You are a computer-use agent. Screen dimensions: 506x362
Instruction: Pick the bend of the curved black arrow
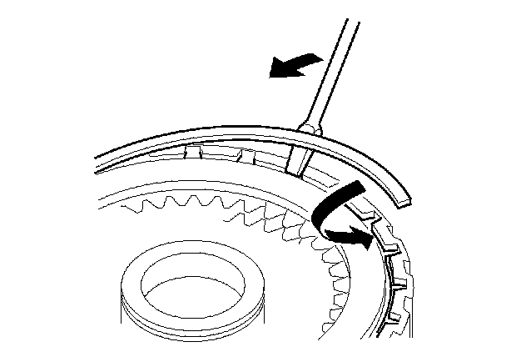(x=320, y=219)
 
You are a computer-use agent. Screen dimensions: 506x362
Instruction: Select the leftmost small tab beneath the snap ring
(x=194, y=153)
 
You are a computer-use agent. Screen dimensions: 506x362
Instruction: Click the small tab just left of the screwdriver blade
(x=247, y=156)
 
